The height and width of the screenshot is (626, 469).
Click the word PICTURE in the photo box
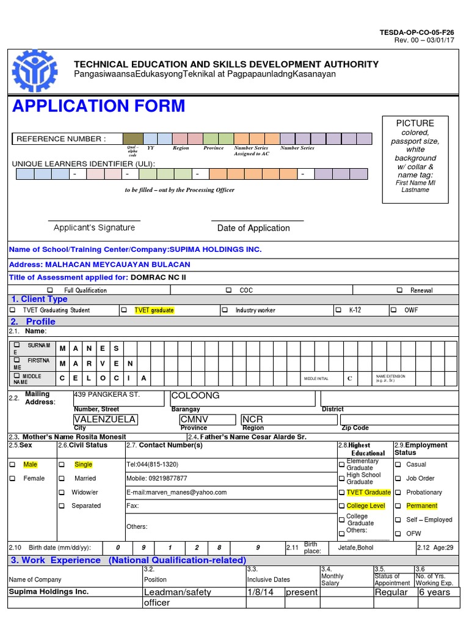coord(415,123)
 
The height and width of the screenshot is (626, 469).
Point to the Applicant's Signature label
coord(94,227)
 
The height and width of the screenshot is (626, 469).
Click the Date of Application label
coord(253,228)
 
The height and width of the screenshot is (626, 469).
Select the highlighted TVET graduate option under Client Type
coord(154,310)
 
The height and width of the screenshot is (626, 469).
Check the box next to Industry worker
coord(225,310)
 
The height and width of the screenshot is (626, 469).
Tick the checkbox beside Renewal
coord(400,290)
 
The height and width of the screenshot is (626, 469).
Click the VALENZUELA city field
coord(104,419)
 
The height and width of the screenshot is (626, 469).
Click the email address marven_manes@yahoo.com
coord(176,492)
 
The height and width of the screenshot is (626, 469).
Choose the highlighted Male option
coord(30,465)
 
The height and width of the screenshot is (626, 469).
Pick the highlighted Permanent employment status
coord(421,506)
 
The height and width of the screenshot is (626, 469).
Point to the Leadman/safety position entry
coord(177,592)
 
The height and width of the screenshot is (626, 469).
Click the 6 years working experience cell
coord(434,592)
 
